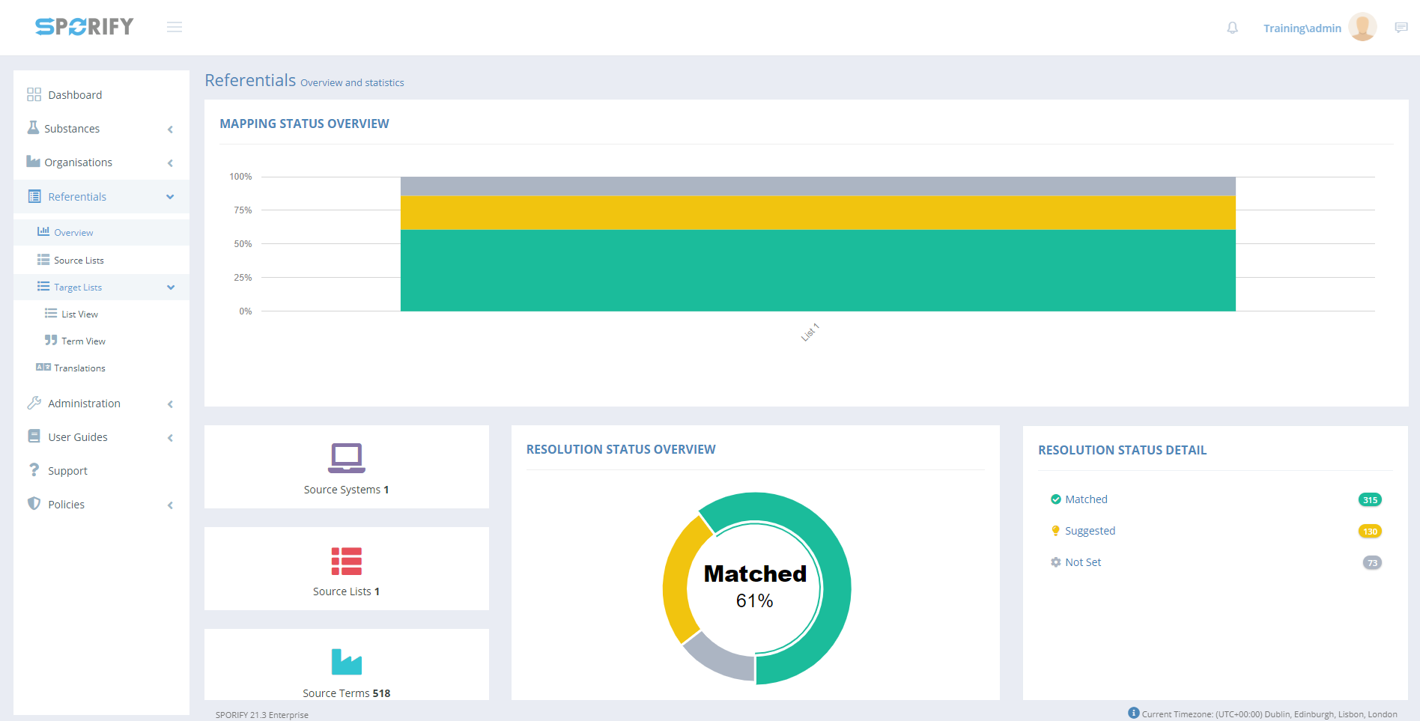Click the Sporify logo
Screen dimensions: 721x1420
(84, 27)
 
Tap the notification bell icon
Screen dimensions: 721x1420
(1232, 28)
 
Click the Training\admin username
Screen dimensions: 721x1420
(1302, 28)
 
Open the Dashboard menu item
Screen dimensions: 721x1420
(75, 95)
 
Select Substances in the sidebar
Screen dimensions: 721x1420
(72, 129)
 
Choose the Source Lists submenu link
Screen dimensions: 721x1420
(79, 261)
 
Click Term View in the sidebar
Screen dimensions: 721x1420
(83, 341)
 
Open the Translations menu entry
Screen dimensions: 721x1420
(79, 368)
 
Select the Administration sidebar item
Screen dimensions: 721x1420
(84, 404)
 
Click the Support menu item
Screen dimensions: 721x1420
(67, 471)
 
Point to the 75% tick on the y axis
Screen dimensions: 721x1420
(243, 210)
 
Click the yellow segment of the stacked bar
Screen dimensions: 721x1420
(818, 213)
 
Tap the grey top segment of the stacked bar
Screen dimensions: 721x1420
(818, 186)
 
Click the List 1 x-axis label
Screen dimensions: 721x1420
(810, 332)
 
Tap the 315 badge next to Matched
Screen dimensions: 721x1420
(1370, 500)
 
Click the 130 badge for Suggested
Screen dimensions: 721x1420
(1370, 532)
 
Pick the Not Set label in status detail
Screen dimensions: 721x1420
(1083, 562)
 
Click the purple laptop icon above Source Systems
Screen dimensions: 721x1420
(346, 457)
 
